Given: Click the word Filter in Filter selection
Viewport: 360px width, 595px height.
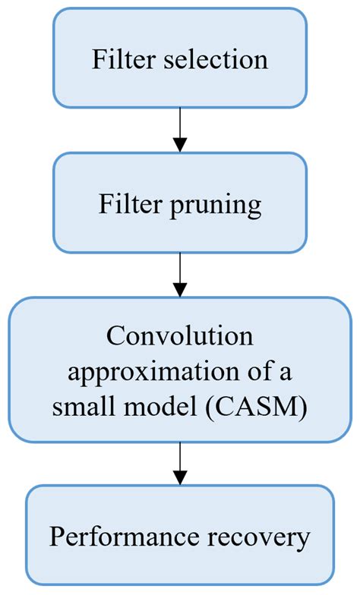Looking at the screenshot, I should pos(120,60).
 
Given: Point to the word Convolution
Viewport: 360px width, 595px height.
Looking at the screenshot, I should pos(180,335).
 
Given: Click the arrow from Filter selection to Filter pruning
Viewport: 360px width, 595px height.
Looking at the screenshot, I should pos(180,129).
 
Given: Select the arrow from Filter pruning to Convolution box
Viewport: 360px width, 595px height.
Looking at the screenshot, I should pos(180,274).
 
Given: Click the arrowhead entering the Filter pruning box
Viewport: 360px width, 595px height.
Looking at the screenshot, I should pos(180,145).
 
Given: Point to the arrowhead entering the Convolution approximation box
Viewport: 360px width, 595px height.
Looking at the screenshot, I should pos(180,290).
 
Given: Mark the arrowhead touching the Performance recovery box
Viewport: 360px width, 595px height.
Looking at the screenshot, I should pos(180,478).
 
